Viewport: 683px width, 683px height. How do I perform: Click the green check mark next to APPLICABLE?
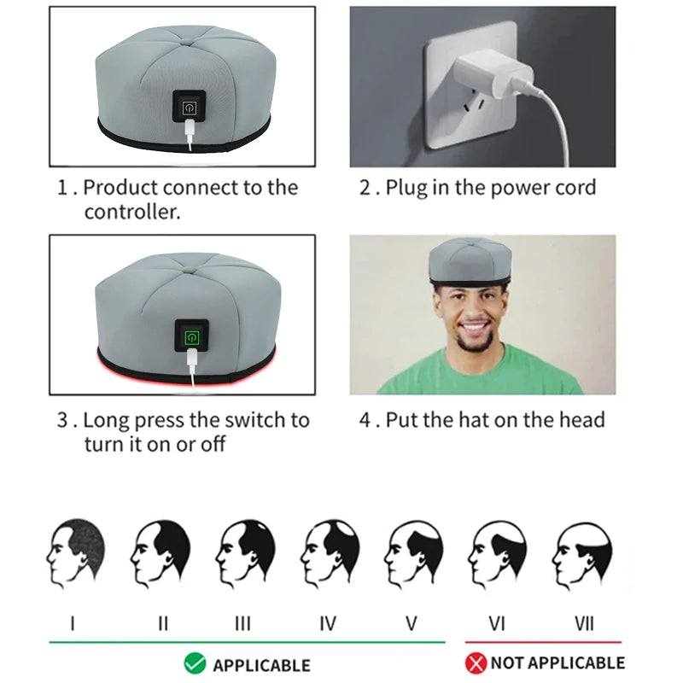195,663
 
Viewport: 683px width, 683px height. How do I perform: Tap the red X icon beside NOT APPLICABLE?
476,663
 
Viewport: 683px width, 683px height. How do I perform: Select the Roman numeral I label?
73,623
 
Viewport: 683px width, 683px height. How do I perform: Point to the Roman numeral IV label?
327,623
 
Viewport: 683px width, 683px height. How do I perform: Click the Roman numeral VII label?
584,623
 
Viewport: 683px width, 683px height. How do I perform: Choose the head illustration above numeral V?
413,552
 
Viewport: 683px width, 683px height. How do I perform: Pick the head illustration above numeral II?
161,552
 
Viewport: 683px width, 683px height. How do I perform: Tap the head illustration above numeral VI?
498,552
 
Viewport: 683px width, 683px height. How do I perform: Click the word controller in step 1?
131,212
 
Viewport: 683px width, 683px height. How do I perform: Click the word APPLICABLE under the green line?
260,665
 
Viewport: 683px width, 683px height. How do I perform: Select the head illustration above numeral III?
245,552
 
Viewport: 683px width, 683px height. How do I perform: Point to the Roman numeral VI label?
497,623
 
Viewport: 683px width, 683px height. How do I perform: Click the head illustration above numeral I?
76,552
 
